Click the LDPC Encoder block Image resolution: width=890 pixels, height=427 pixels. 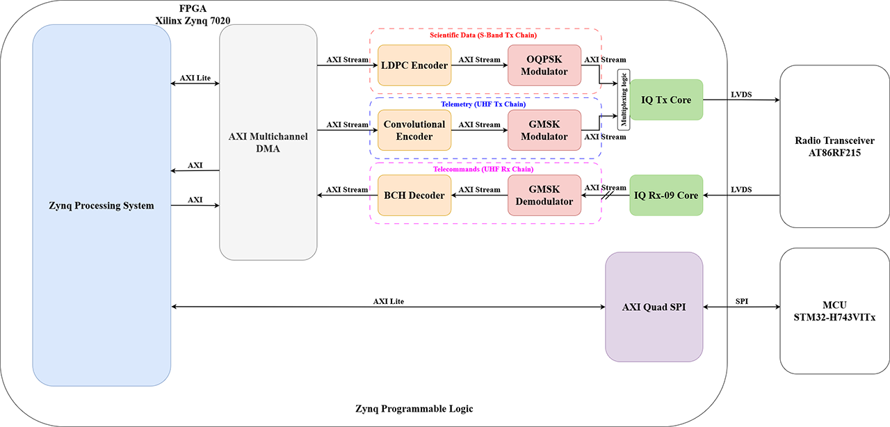(x=414, y=65)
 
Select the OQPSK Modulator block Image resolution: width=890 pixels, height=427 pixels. (x=544, y=65)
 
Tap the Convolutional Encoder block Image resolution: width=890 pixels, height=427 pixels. (x=414, y=130)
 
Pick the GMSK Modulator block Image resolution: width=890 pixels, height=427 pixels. (x=544, y=130)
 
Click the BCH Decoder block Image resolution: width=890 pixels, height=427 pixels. (x=414, y=195)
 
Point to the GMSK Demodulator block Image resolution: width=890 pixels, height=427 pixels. (x=544, y=195)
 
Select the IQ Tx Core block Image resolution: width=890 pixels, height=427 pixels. (x=666, y=100)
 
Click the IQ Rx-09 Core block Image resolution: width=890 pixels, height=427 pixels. (x=666, y=195)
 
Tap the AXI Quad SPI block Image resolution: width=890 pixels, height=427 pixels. (x=654, y=307)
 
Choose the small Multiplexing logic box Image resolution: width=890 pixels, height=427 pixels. (x=624, y=100)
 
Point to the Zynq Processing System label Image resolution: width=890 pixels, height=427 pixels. (x=102, y=205)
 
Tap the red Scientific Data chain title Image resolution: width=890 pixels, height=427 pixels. (x=483, y=35)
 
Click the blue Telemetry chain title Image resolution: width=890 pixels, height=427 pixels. (x=483, y=104)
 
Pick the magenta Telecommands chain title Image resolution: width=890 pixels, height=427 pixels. (x=483, y=169)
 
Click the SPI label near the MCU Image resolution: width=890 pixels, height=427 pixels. (x=741, y=300)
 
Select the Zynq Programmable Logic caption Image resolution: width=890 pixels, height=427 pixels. (x=414, y=409)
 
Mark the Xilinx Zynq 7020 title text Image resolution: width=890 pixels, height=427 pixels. (x=193, y=20)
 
